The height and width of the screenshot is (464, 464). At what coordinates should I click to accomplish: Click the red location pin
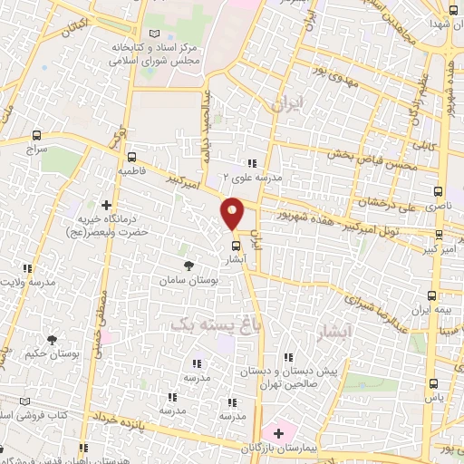tap(233, 214)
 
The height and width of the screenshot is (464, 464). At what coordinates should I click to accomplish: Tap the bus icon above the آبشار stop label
tap(236, 245)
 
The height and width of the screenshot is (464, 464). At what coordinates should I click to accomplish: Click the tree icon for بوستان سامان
tap(188, 266)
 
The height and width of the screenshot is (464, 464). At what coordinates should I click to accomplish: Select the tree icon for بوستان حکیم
tap(52, 339)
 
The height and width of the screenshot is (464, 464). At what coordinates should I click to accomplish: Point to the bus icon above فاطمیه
tap(132, 156)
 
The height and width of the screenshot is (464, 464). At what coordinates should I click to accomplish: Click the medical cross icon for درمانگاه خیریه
tap(106, 206)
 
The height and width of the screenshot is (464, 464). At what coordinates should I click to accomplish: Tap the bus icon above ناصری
tap(439, 191)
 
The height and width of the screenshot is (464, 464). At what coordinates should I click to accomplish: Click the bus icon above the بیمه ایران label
tap(431, 295)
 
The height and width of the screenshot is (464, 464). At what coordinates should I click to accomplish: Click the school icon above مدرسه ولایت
tap(27, 268)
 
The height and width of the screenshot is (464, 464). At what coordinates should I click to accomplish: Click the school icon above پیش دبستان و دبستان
tap(287, 357)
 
